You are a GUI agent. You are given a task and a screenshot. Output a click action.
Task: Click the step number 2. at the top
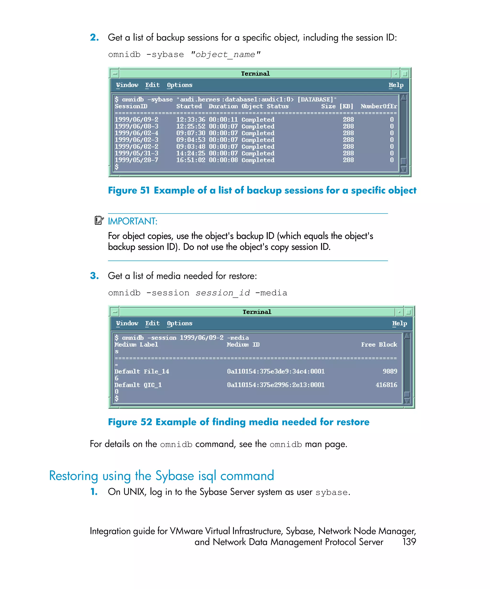click(94, 37)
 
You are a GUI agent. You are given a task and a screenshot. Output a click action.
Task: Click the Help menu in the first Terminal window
click(396, 85)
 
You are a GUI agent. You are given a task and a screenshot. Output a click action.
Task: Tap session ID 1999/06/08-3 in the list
click(136, 127)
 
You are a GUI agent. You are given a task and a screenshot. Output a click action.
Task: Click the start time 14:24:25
click(190, 153)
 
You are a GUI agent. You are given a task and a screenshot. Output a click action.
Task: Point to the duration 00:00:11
click(223, 120)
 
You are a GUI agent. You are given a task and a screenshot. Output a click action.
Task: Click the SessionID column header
click(131, 106)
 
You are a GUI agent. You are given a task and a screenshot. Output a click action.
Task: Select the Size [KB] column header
click(337, 106)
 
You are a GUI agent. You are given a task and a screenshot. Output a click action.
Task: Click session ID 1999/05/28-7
click(136, 160)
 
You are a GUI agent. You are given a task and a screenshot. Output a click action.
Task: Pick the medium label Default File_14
click(142, 371)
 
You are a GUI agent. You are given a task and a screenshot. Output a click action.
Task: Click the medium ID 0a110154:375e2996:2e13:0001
click(276, 385)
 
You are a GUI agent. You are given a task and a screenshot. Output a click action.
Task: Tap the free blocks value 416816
click(386, 385)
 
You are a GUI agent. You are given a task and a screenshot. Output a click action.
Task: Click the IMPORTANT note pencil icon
click(99, 220)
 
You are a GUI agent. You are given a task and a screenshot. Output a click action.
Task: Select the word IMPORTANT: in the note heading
click(133, 221)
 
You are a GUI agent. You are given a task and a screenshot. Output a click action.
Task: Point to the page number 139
click(409, 542)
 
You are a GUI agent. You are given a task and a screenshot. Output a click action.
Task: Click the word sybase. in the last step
click(333, 492)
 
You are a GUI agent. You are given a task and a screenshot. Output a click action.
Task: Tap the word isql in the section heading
click(207, 476)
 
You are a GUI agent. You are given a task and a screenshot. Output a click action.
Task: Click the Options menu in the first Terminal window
click(179, 85)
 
